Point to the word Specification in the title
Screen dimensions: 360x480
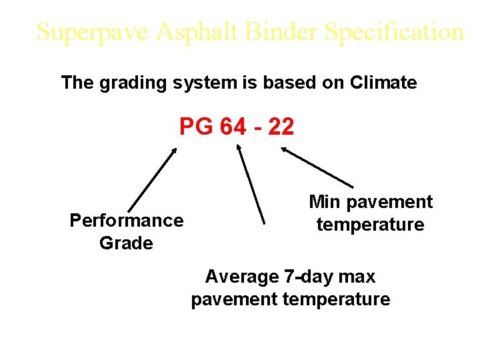pos(392,32)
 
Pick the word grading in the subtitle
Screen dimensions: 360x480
pos(134,83)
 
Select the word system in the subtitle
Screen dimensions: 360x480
pos(205,83)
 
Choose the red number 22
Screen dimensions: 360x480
pos(280,127)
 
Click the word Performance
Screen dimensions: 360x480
pos(126,221)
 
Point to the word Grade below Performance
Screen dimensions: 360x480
pos(126,243)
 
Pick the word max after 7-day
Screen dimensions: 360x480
pos(360,276)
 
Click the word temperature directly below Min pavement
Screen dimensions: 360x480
pos(370,225)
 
